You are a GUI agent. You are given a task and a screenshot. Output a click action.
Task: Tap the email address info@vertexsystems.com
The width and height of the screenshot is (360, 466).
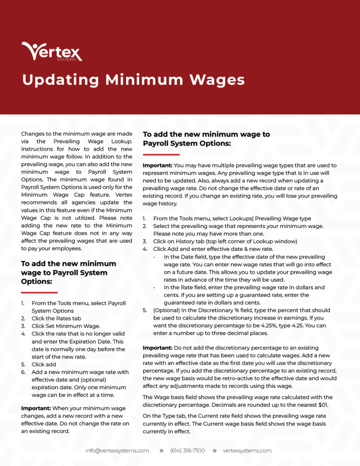117,451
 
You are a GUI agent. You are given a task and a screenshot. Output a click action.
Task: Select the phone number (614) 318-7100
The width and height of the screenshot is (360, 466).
188,451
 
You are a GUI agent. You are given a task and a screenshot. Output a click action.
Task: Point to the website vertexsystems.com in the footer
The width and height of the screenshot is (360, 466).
247,451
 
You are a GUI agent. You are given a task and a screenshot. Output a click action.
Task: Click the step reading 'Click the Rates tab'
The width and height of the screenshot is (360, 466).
56,319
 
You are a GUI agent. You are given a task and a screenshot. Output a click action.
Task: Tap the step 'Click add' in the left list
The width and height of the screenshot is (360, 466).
44,365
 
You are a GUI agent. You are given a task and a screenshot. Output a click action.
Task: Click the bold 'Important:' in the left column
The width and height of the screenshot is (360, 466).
35,408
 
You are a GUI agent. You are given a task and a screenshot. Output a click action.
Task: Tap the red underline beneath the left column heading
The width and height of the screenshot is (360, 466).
39,292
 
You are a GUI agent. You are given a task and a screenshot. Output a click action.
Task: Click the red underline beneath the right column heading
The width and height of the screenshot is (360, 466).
161,154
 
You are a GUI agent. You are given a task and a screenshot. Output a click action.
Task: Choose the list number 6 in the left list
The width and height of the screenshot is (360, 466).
23,372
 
